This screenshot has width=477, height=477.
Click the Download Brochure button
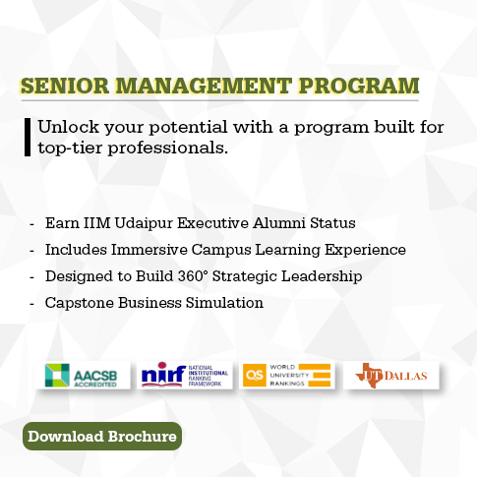[102, 436]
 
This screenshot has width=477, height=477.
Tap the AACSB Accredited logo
[83, 376]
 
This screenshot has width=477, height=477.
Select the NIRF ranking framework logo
[185, 376]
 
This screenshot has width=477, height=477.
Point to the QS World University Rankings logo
[287, 376]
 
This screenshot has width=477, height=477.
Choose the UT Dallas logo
[391, 376]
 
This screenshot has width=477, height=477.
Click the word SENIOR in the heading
[65, 86]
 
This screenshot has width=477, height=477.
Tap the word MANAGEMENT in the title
[204, 86]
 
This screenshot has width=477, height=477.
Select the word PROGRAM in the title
[359, 86]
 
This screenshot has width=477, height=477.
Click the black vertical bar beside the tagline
[28, 137]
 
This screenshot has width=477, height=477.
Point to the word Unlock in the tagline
[68, 127]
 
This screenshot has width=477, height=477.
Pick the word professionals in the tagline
[167, 149]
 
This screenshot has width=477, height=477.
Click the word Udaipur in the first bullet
[144, 223]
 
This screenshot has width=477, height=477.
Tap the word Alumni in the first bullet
[279, 223]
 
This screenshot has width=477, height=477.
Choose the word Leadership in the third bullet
[322, 276]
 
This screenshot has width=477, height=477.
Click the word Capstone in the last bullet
[80, 303]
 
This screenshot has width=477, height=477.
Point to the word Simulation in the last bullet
[224, 303]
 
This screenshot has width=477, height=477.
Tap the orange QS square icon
[255, 376]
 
